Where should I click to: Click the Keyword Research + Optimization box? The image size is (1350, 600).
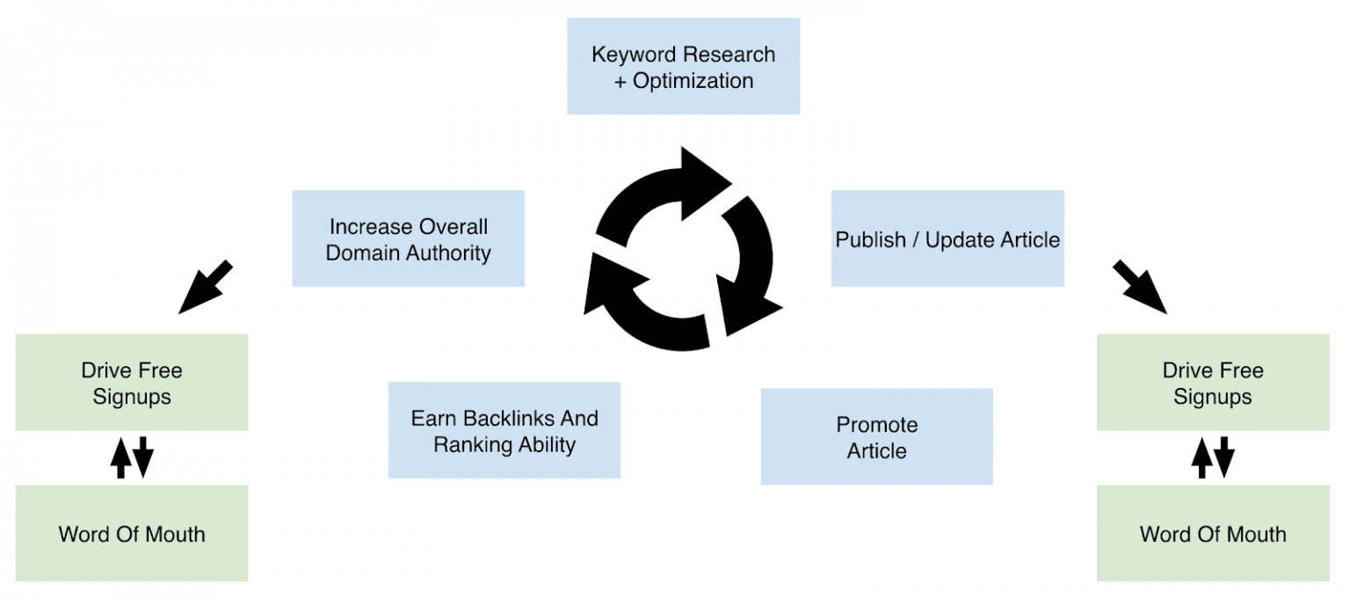[683, 66]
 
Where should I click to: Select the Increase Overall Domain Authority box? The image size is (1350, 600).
[408, 238]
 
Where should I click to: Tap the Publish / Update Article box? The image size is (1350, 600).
[947, 238]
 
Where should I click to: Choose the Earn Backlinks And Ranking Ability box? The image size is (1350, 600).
[504, 430]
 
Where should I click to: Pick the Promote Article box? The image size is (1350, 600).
[876, 436]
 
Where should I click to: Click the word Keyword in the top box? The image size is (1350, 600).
[629, 55]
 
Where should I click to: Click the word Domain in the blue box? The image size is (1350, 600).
[363, 253]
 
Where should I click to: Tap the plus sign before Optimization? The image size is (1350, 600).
[620, 81]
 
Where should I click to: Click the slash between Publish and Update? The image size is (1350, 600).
[914, 239]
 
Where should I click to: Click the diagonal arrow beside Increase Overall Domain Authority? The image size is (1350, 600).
[205, 287]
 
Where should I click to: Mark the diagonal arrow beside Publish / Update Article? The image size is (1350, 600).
[1140, 287]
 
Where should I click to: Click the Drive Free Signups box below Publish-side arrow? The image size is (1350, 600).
[1212, 383]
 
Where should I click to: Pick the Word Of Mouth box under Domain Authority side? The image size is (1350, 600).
[132, 533]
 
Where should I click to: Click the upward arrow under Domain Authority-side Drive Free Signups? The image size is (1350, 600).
[120, 457]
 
